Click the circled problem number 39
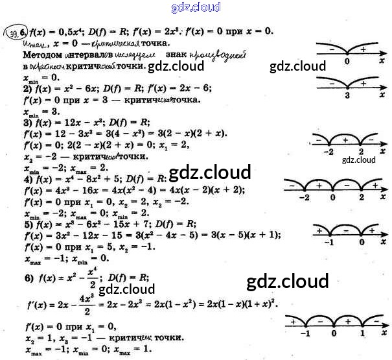(x=11, y=30)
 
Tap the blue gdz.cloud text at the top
(x=196, y=7)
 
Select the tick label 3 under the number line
(x=347, y=95)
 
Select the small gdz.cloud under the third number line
(x=359, y=160)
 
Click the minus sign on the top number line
(x=332, y=49)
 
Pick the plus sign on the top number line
(x=363, y=49)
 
